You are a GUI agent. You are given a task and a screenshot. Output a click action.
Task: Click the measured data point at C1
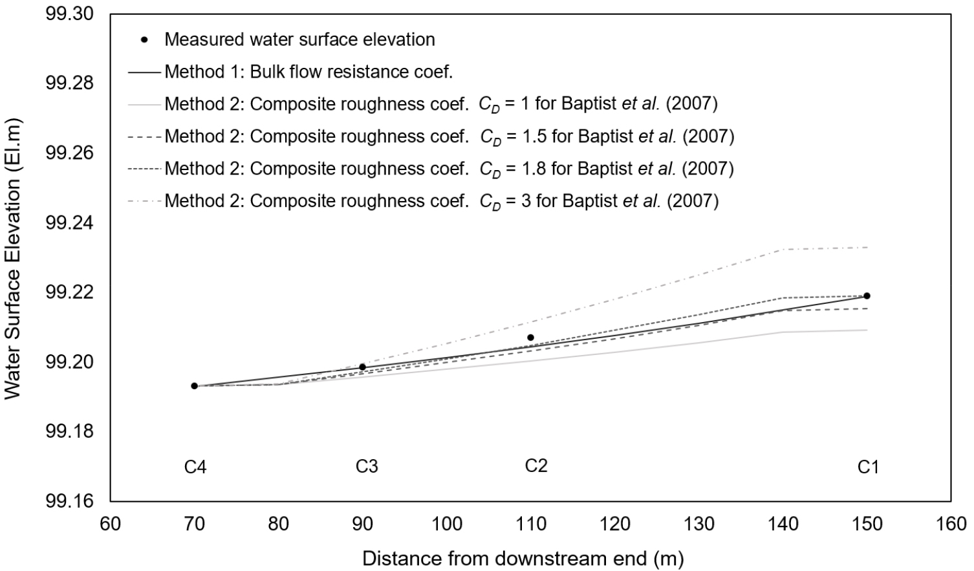pos(867,296)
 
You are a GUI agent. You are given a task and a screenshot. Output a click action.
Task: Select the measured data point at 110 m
pos(530,338)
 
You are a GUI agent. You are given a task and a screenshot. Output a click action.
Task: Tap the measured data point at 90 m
pos(362,367)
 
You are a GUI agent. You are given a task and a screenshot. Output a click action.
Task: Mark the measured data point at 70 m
pos(194,386)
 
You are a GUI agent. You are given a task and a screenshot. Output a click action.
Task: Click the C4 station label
pos(195,467)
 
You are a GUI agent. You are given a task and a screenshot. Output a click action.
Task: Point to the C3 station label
pos(367,466)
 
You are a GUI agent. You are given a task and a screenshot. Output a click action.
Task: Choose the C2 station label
pos(536,466)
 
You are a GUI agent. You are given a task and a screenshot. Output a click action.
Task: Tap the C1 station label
pos(868,467)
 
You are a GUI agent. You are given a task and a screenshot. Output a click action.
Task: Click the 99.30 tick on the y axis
pos(69,14)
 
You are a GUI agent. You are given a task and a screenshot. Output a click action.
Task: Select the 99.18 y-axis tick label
pos(69,431)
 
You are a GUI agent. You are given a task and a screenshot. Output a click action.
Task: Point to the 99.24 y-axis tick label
pos(69,223)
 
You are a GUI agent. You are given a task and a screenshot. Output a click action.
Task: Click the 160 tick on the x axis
pos(951,523)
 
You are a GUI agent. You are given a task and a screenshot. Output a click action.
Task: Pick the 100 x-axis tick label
pos(446,523)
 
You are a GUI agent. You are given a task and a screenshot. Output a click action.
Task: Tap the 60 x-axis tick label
pos(111,523)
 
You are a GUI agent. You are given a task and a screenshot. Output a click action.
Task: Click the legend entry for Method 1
pos(308,72)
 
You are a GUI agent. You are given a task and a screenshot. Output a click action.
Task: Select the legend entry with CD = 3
pos(441,201)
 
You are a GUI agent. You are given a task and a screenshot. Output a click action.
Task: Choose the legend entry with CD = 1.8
pos(449,169)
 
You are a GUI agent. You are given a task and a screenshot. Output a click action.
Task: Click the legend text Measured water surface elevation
pos(299,39)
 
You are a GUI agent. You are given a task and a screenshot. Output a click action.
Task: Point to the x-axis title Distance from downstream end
pos(523,558)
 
